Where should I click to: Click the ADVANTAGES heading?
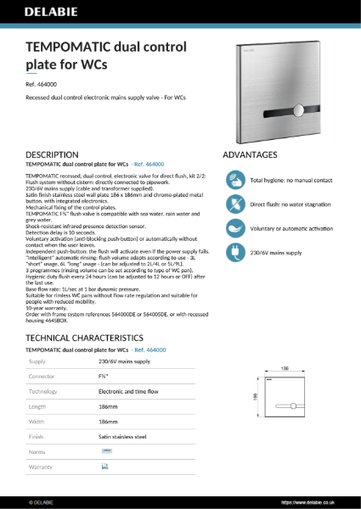(250, 155)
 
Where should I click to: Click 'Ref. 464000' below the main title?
(42, 85)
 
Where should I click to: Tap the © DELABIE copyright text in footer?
(42, 501)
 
